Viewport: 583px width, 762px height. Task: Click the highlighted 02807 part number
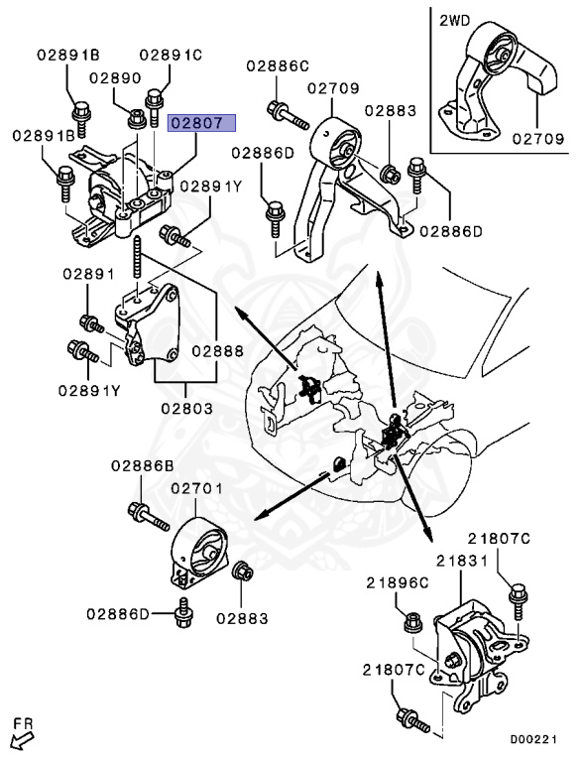tap(202, 124)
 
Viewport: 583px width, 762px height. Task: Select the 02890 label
tap(115, 77)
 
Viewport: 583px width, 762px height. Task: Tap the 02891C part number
tap(171, 56)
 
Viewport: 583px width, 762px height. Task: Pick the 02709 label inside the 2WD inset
tap(538, 140)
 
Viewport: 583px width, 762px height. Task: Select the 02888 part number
tap(217, 350)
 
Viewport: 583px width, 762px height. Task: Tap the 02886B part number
tap(142, 464)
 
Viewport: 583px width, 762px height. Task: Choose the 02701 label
tap(197, 489)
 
